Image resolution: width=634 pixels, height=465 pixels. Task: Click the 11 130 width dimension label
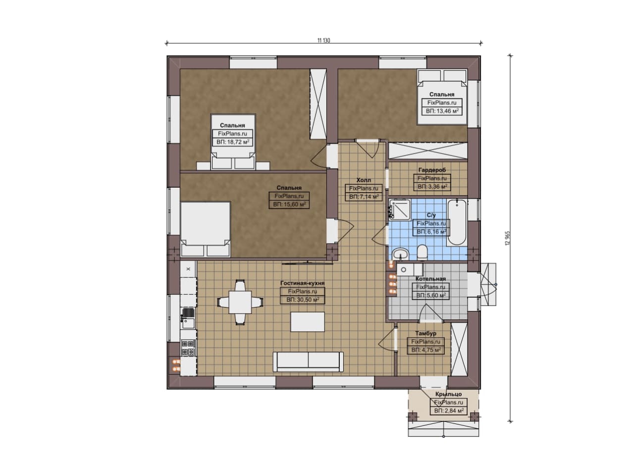pyautogui.click(x=323, y=41)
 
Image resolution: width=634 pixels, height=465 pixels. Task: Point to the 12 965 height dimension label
pyautogui.click(x=508, y=238)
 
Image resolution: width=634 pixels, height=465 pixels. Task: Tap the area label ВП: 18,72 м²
pyautogui.click(x=233, y=142)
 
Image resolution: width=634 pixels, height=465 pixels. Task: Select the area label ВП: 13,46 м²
pyautogui.click(x=442, y=111)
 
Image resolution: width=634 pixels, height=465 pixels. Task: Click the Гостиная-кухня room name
pyautogui.click(x=302, y=283)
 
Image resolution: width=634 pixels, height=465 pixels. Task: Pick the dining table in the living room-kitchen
pyautogui.click(x=240, y=302)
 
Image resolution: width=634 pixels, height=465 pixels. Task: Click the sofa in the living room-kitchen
pyautogui.click(x=308, y=362)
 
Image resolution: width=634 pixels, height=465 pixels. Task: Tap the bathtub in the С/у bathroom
pyautogui.click(x=457, y=222)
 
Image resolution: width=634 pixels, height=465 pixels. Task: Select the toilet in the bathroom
pyautogui.click(x=423, y=252)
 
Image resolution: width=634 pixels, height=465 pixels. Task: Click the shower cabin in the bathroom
pyautogui.click(x=400, y=209)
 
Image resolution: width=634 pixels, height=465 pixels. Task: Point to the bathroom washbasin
pyautogui.click(x=400, y=254)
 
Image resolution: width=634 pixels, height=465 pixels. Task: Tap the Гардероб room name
pyautogui.click(x=432, y=170)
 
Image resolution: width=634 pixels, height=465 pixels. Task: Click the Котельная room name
pyautogui.click(x=430, y=279)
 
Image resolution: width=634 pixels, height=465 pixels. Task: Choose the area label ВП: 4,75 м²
pyautogui.click(x=426, y=350)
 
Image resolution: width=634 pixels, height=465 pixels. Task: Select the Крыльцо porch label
pyautogui.click(x=449, y=394)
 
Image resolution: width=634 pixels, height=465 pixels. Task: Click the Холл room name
pyautogui.click(x=364, y=180)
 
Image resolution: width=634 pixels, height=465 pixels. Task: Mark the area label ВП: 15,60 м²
pyautogui.click(x=289, y=205)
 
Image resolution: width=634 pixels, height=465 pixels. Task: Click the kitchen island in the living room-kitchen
pyautogui.click(x=308, y=321)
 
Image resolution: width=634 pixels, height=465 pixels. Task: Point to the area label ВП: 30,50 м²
pyautogui.click(x=303, y=300)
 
